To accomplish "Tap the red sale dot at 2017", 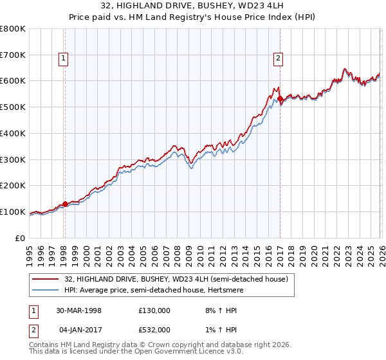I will click(280, 99).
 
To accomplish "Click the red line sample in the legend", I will click(46, 279).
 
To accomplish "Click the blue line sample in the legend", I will click(46, 290).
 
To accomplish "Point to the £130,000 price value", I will click(154, 310).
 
